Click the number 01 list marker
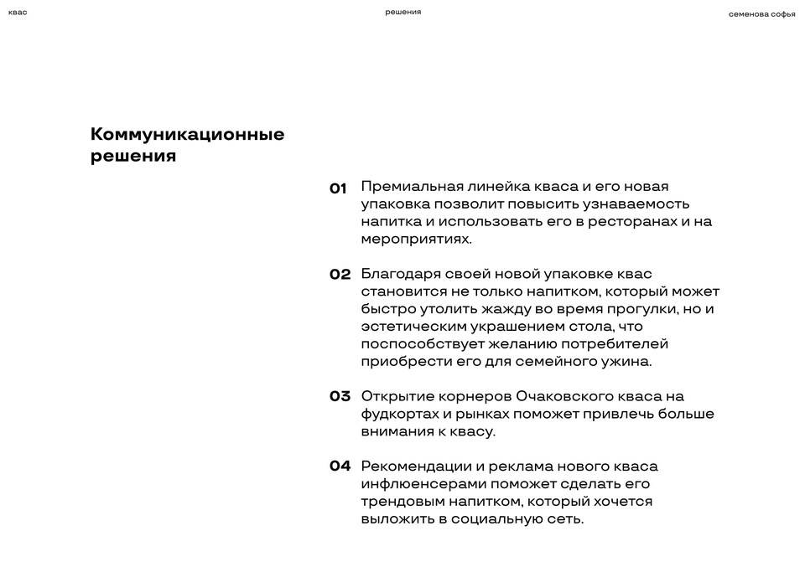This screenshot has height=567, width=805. (338, 188)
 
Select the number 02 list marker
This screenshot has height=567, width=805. (340, 275)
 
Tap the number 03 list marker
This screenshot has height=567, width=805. (340, 397)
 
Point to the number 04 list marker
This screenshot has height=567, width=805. (340, 466)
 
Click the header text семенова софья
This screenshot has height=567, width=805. (761, 13)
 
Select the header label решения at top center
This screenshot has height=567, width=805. (402, 13)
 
